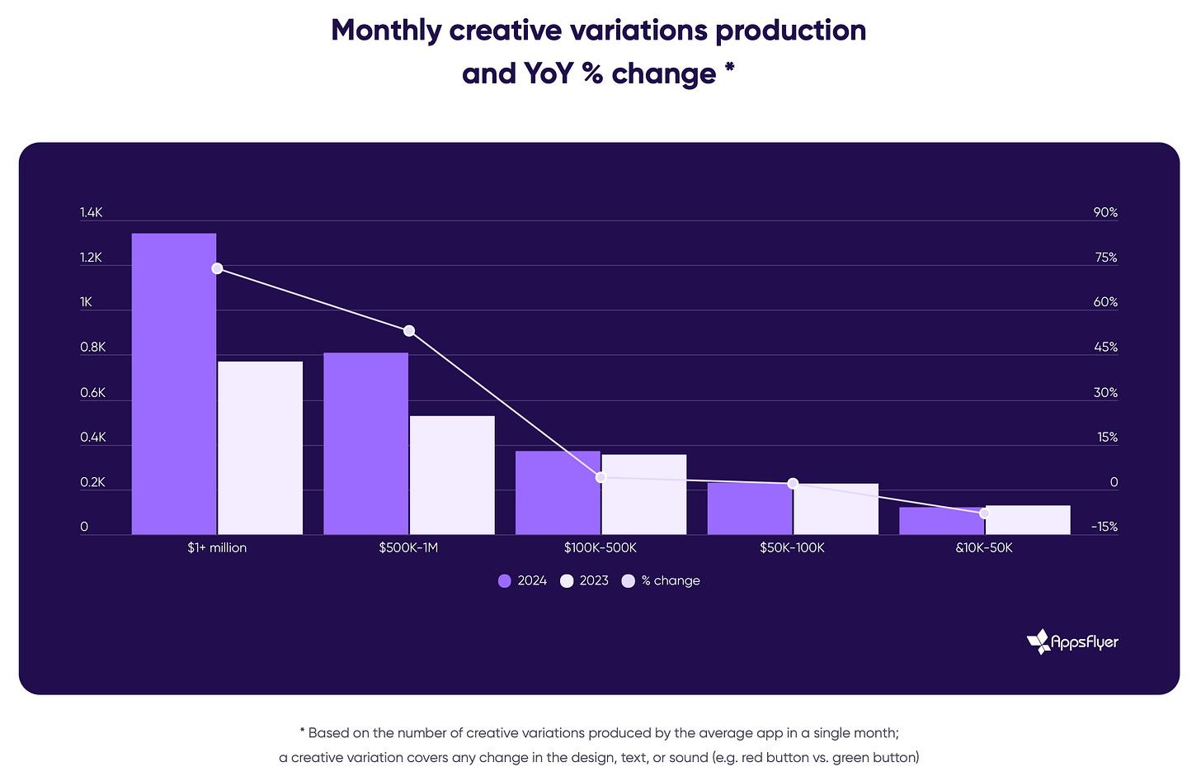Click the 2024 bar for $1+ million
point(174,384)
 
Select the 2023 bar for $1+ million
point(260,447)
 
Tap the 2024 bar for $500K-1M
point(365,443)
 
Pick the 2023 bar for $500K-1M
point(452,475)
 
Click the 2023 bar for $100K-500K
point(644,495)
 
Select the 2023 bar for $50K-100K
point(836,509)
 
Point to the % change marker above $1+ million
point(217,268)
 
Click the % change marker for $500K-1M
point(409,331)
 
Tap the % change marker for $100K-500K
point(600,477)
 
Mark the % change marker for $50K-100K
point(793,483)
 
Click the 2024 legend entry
point(522,581)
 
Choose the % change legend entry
point(661,581)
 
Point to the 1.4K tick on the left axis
point(91,213)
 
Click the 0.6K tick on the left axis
point(92,393)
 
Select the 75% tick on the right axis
point(1105,258)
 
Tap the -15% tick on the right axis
point(1104,527)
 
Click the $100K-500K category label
point(600,548)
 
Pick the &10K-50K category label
point(984,548)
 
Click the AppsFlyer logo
point(1072,641)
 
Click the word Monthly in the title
point(386,31)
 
